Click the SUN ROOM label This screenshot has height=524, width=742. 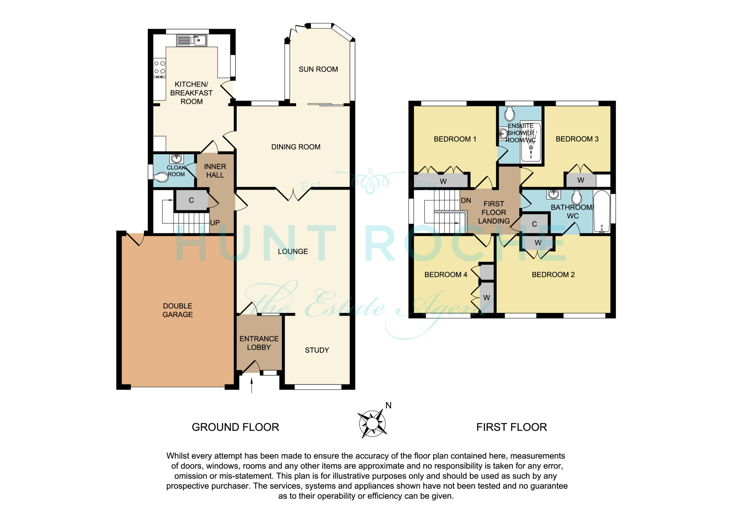click(x=318, y=69)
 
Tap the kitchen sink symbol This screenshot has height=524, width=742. click(x=192, y=41)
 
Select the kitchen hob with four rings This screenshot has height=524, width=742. click(x=160, y=67)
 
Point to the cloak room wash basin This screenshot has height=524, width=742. click(x=176, y=159)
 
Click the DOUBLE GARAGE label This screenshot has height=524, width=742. click(x=177, y=310)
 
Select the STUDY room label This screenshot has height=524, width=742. click(x=317, y=350)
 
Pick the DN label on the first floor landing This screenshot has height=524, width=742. click(x=466, y=201)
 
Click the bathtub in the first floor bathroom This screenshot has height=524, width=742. click(x=601, y=211)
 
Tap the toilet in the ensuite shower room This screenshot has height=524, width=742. click(x=509, y=114)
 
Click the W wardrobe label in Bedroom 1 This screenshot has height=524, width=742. click(x=443, y=182)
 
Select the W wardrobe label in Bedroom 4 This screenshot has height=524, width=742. click(x=486, y=298)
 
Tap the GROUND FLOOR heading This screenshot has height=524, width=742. click(x=235, y=427)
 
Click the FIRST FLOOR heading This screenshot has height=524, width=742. click(x=512, y=427)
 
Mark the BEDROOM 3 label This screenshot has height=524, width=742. click(x=577, y=139)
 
